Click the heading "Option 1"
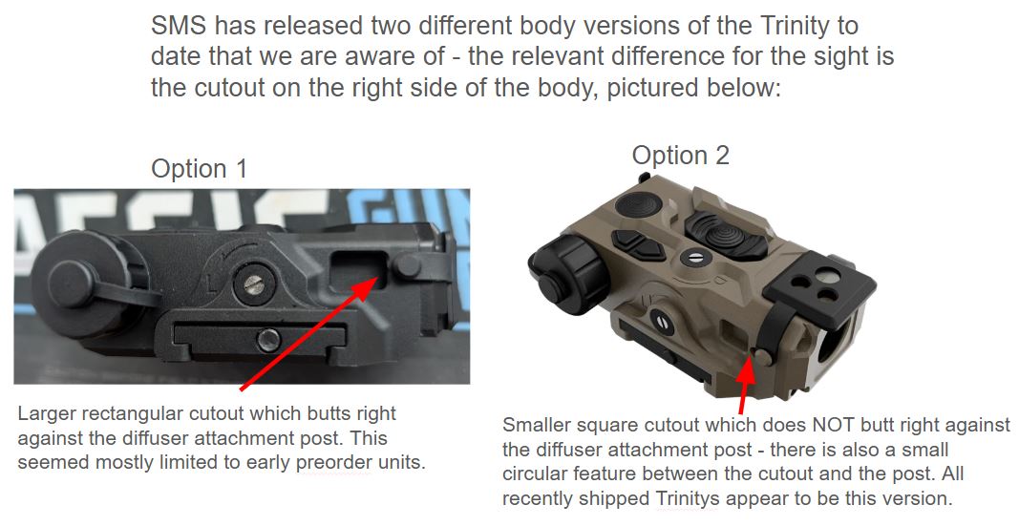(199, 169)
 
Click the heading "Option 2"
(680, 156)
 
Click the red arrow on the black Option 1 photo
(309, 333)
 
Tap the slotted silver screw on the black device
(253, 284)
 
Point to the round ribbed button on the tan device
(638, 204)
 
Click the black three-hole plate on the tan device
(820, 284)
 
